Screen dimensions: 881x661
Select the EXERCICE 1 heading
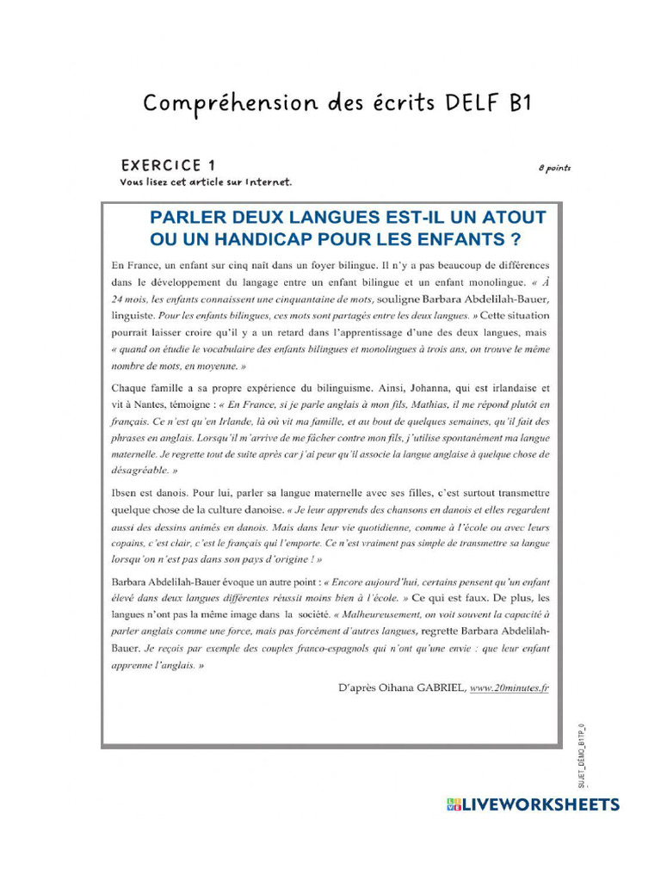pyautogui.click(x=168, y=165)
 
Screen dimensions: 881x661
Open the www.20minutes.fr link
pyautogui.click(x=510, y=687)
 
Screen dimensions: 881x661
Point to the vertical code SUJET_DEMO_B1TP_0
pyautogui.click(x=582, y=757)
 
